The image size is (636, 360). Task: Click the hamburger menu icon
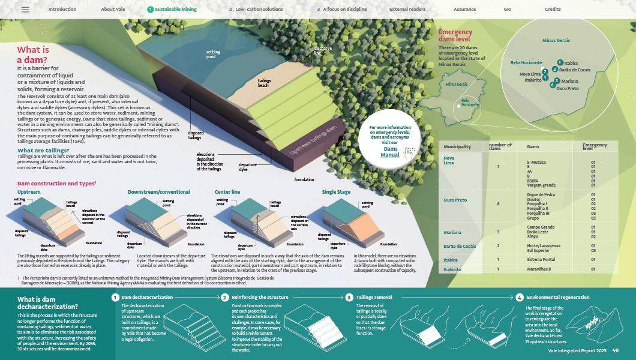[25, 10]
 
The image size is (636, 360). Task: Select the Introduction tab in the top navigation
[62, 10]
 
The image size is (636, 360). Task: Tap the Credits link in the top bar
[553, 10]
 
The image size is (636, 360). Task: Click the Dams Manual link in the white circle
[391, 152]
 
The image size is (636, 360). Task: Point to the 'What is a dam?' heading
[33, 55]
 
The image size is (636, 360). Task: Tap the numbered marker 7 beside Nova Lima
[544, 71]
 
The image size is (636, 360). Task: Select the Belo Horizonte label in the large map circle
[526, 62]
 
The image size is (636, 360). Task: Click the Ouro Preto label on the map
[568, 88]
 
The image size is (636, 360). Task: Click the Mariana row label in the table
[452, 232]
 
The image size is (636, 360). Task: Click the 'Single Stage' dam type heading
[337, 192]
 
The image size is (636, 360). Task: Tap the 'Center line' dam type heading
[227, 192]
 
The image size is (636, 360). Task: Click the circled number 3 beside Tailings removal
[349, 297]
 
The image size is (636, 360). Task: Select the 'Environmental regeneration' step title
[558, 297]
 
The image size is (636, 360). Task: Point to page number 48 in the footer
[616, 351]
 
